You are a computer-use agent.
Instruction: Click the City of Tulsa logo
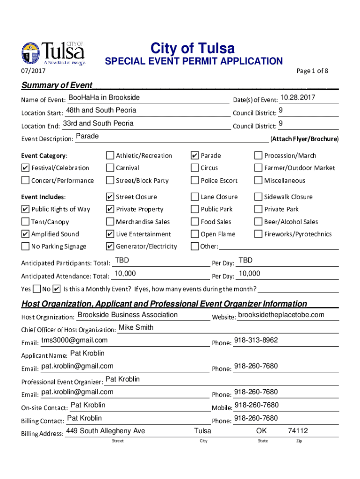[x=53, y=54]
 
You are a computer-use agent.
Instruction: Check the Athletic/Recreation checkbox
[x=110, y=156]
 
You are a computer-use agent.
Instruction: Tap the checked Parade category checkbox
[x=195, y=156]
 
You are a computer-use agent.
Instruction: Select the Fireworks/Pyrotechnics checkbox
[x=258, y=234]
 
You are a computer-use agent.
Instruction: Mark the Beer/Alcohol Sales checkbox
[x=258, y=222]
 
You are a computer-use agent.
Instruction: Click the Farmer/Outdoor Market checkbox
[x=258, y=168]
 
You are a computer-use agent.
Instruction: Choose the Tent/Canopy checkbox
[x=25, y=222]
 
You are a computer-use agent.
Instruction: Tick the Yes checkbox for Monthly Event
[x=36, y=289]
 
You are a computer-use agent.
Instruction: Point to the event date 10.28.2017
[x=297, y=98]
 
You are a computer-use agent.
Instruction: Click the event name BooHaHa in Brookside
[x=104, y=98]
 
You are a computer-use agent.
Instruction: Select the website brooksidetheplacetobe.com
[x=281, y=315]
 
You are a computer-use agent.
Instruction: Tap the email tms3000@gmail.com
[x=74, y=340]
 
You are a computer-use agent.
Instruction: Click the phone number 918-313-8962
[x=256, y=340]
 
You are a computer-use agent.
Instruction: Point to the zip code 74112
[x=298, y=431]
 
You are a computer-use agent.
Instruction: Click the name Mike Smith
[x=136, y=327]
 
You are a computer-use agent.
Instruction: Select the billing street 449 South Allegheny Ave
[x=106, y=431]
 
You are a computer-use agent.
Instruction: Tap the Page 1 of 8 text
[x=312, y=71]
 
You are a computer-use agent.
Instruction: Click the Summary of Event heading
[x=57, y=85]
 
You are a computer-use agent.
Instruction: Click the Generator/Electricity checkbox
[x=110, y=247]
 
